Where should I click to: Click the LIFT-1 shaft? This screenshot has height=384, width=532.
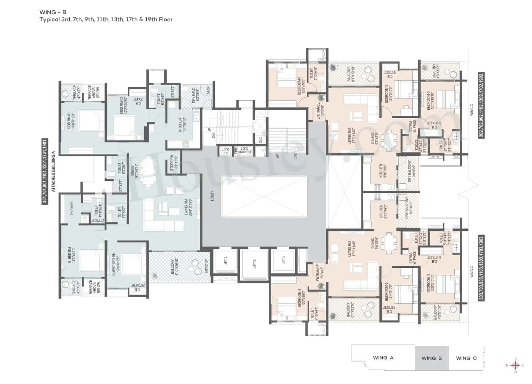[283, 261]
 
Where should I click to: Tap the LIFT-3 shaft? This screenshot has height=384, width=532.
[225, 261]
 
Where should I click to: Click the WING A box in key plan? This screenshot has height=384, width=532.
[383, 357]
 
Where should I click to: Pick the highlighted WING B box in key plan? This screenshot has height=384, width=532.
[431, 358]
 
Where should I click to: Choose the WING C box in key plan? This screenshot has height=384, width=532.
[466, 358]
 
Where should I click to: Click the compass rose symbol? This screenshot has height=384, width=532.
[515, 365]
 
